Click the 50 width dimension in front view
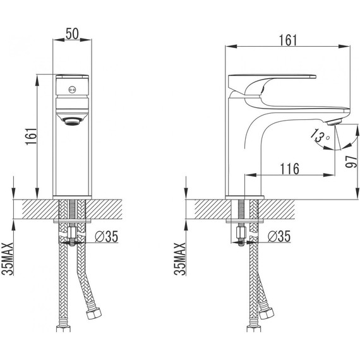(x=72, y=33)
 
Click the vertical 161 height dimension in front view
(x=31, y=136)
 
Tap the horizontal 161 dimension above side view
(x=288, y=40)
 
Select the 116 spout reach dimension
(x=289, y=169)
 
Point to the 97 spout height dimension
(x=352, y=162)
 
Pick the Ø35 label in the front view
(x=107, y=236)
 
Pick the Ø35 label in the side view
(x=279, y=236)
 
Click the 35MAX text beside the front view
(x=8, y=259)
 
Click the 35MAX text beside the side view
(x=180, y=259)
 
